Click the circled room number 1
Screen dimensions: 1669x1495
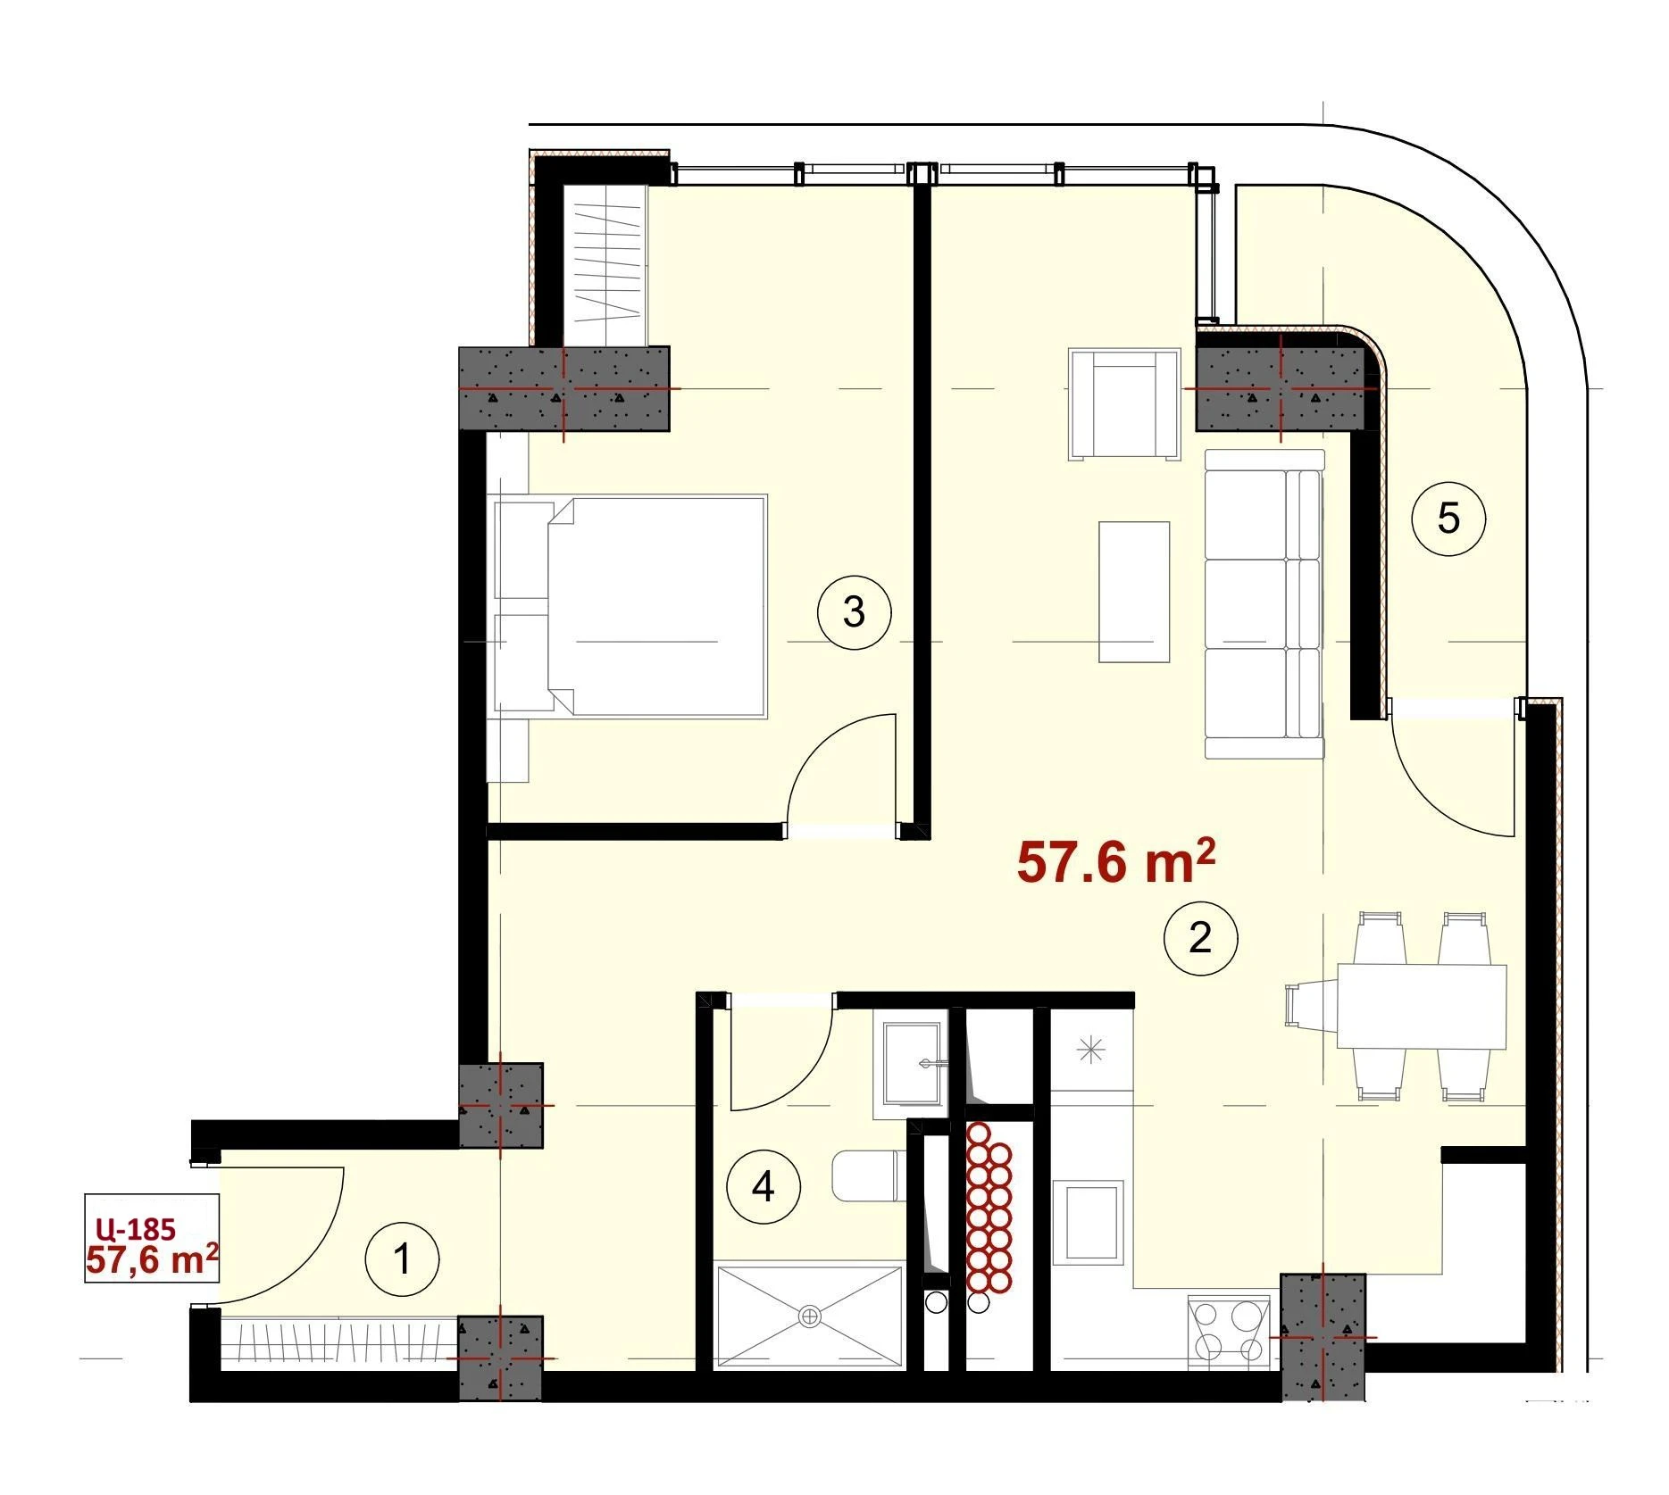(x=403, y=1260)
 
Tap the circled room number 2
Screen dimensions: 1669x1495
(x=1201, y=938)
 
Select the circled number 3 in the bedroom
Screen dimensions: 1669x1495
(x=855, y=612)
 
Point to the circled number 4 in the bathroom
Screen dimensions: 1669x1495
(x=764, y=1187)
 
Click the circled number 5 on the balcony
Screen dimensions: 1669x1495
(x=1448, y=518)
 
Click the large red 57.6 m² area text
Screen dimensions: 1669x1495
(x=1116, y=862)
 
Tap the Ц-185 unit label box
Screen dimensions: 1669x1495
(x=152, y=1238)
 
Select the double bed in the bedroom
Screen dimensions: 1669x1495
(x=630, y=606)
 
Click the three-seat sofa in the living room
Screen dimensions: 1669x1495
(x=1264, y=604)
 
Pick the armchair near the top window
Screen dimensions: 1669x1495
(x=1124, y=404)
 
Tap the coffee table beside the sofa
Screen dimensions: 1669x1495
(x=1134, y=592)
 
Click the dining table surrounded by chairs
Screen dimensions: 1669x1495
(x=1422, y=1006)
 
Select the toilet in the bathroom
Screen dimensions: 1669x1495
(x=865, y=1175)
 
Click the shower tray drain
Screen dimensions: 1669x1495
(x=810, y=1314)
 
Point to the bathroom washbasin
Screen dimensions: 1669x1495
(x=912, y=1063)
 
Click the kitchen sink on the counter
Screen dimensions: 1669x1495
(x=1087, y=1222)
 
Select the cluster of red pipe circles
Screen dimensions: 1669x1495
(x=990, y=1207)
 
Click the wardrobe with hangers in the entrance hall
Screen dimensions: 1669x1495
(x=339, y=1343)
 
